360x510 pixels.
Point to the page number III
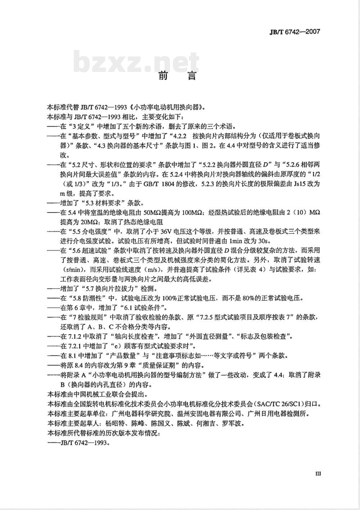318,474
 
